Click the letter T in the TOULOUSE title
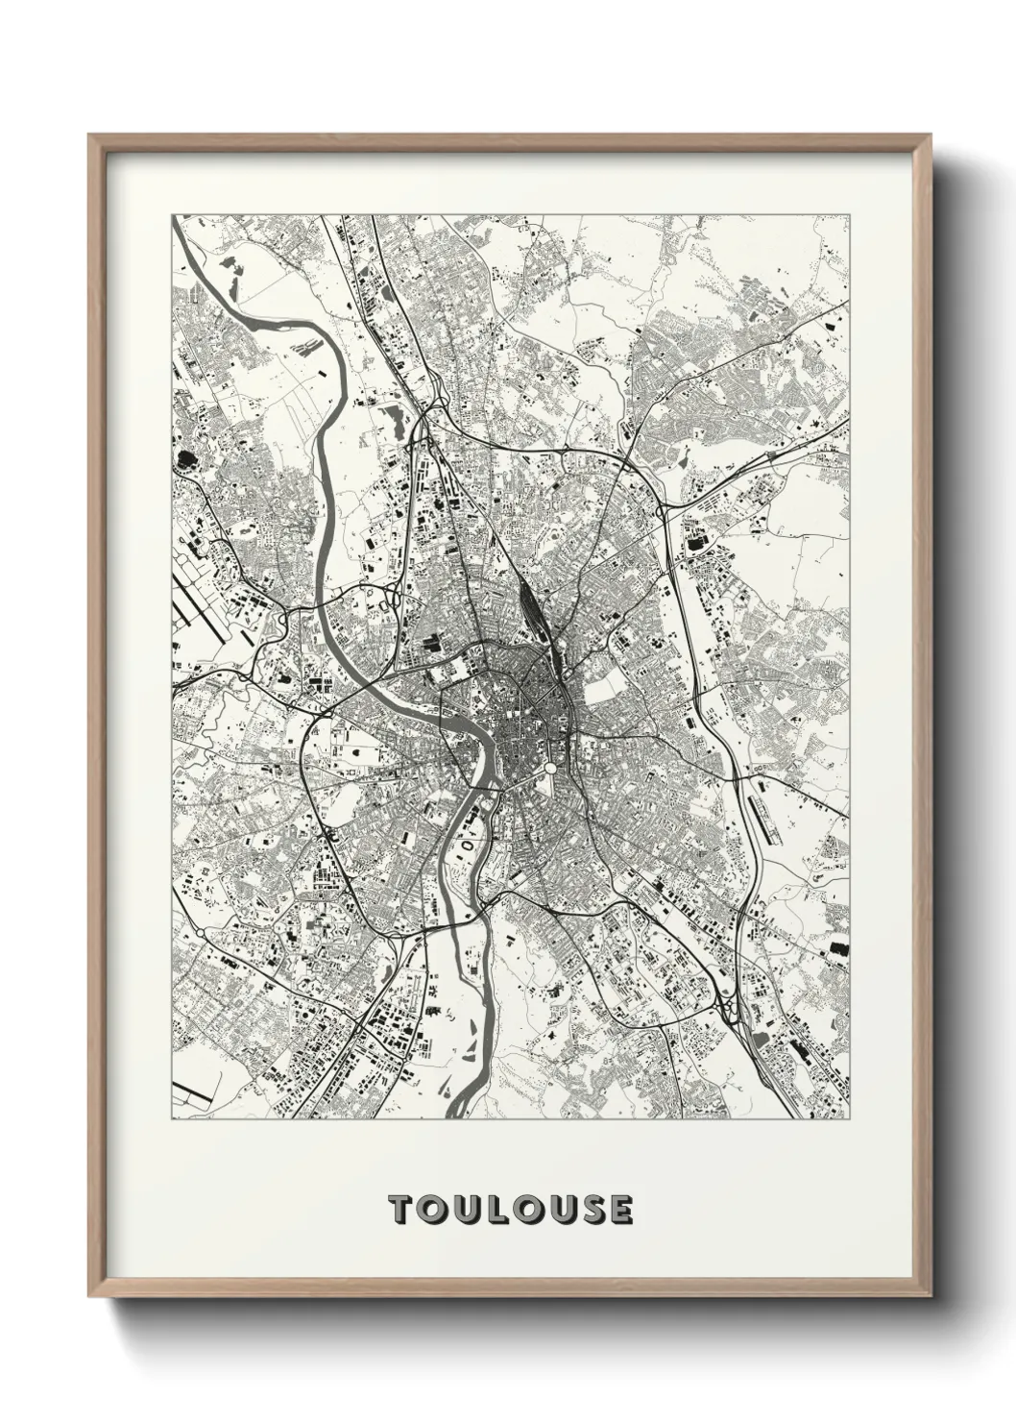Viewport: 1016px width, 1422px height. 400,1210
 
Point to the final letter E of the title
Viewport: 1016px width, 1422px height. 619,1210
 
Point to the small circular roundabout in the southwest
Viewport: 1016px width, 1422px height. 199,932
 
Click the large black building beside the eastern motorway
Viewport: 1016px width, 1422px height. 693,545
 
